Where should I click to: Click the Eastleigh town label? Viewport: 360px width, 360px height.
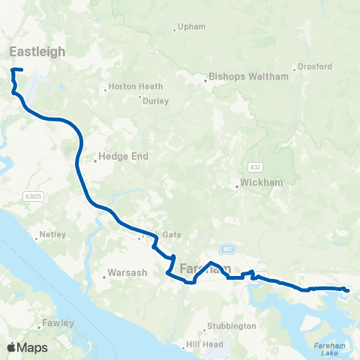tap(37, 51)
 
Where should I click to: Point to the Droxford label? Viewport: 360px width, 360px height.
tap(316, 66)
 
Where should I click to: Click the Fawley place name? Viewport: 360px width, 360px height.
tap(58, 323)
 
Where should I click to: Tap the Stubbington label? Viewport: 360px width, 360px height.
tap(233, 326)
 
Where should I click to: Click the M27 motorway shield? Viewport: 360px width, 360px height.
tap(229, 248)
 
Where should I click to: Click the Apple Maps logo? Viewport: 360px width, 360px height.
tap(27, 347)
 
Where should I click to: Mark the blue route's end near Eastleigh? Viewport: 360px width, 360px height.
tap(22, 70)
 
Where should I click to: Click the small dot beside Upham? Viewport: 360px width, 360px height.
tap(175, 30)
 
